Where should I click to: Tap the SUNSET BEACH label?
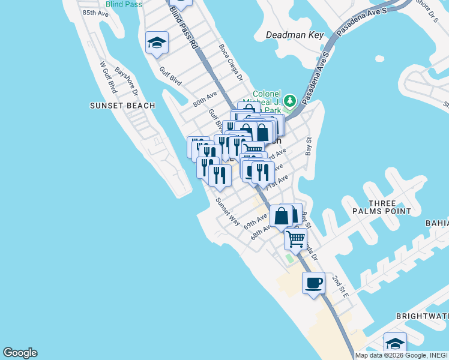[122, 106]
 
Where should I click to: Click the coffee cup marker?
[313, 283]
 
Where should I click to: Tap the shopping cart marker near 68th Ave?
[295, 238]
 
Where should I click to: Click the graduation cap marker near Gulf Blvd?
[157, 43]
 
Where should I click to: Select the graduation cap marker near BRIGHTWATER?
[395, 344]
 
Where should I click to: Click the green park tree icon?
[291, 100]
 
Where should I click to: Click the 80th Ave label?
[205, 98]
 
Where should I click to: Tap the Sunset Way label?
[228, 211]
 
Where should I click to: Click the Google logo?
[20, 353]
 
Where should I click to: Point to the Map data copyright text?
[401, 355]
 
